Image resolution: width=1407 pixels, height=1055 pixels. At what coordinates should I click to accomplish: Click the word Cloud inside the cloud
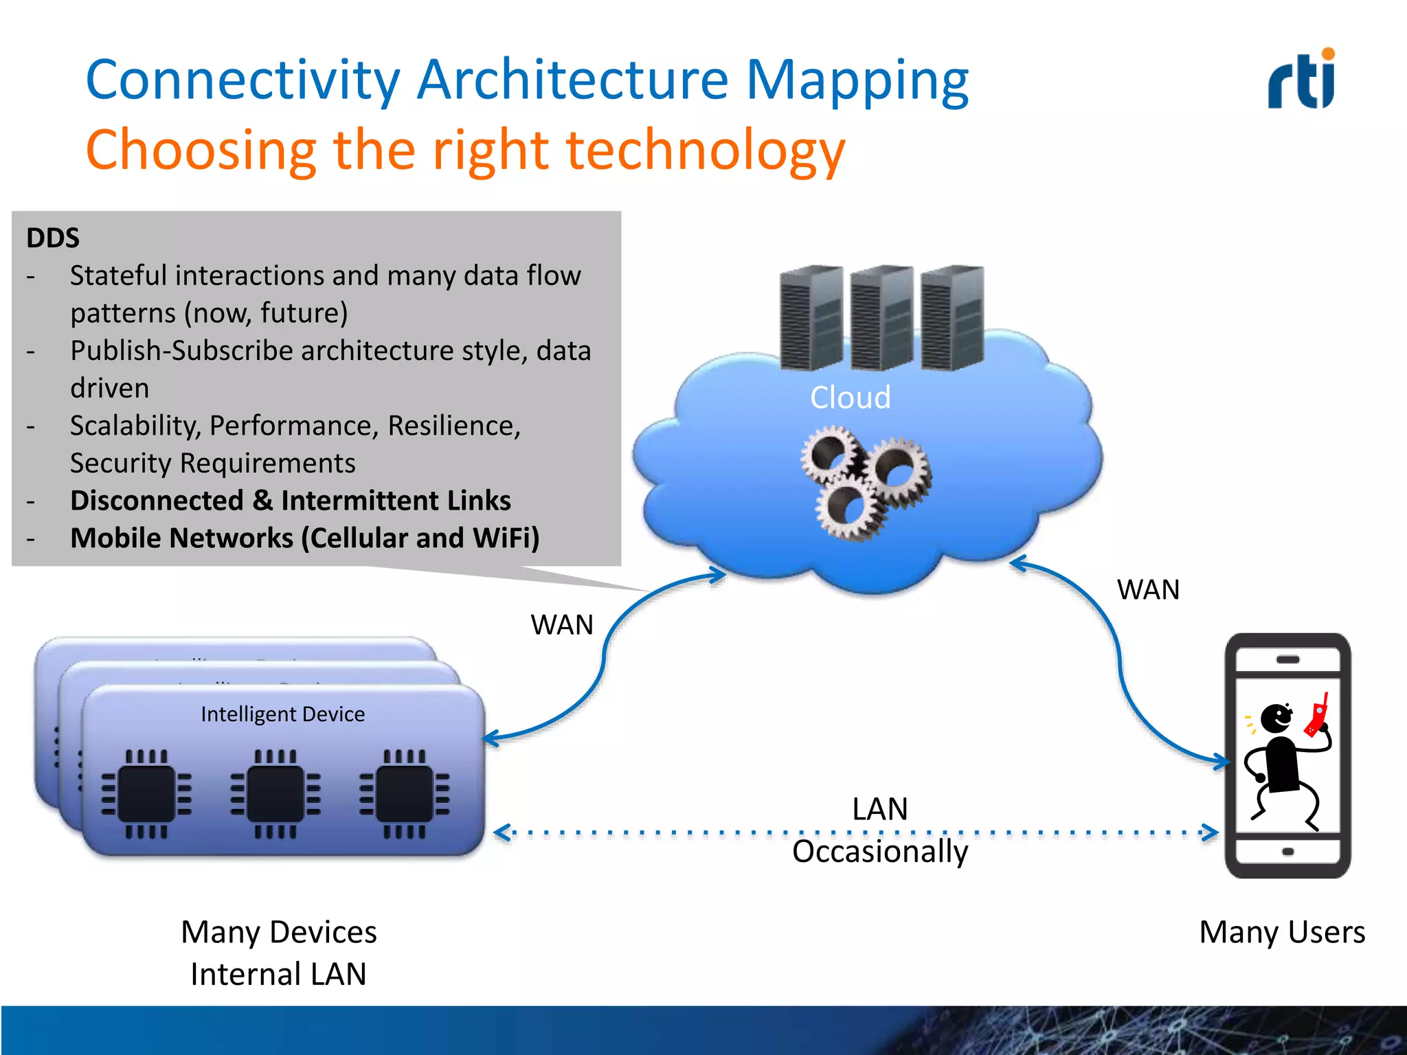[x=850, y=398]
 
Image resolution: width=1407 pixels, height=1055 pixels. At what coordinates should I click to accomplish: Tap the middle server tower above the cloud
[x=881, y=317]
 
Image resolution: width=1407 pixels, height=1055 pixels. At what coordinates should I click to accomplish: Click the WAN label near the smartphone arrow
[x=1147, y=590]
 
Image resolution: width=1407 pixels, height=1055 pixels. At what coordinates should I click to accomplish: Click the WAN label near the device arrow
[x=561, y=625]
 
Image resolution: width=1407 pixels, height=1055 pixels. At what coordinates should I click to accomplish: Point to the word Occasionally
[x=879, y=852]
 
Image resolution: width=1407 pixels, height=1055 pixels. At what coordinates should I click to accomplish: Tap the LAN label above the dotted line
[x=879, y=809]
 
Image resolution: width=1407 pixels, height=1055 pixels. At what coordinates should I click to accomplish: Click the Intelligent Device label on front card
[x=282, y=714]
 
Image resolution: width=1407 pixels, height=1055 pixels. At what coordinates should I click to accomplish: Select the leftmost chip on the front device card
[x=146, y=794]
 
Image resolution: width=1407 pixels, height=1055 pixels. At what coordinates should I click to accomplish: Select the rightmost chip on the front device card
[x=405, y=794]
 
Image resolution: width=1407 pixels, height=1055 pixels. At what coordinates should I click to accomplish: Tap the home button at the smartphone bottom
[x=1287, y=852]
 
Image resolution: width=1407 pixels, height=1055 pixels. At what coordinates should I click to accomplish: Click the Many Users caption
[x=1282, y=933]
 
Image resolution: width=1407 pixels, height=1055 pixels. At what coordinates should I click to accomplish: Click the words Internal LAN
[x=278, y=975]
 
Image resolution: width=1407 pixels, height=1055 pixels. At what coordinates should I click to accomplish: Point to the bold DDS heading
[x=53, y=238]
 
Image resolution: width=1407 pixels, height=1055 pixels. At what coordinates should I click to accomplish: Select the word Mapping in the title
[x=857, y=80]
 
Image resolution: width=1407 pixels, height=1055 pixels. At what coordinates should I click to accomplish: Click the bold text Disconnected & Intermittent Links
[x=290, y=501]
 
